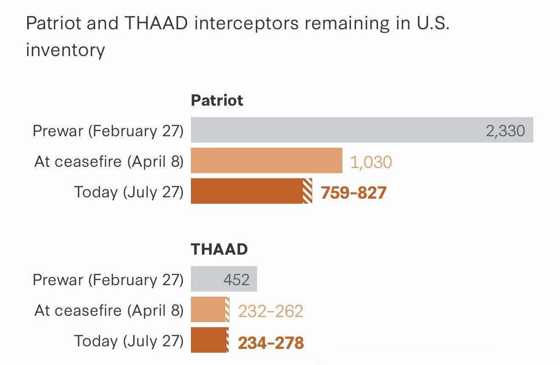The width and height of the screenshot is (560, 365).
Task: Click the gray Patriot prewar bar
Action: tap(362, 130)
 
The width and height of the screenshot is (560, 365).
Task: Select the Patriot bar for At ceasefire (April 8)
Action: tap(266, 160)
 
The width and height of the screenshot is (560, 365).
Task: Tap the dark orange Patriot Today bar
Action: tap(252, 191)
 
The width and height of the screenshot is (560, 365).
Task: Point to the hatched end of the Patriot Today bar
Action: tap(308, 191)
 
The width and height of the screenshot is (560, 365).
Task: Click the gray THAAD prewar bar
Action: tap(224, 279)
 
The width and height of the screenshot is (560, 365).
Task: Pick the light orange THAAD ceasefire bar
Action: tap(210, 309)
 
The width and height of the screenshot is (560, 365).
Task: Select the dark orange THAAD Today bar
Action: tap(210, 340)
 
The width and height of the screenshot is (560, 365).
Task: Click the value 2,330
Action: tap(505, 131)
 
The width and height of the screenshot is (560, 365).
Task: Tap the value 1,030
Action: tap(371, 162)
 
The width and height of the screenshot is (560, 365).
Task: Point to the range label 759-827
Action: tap(354, 193)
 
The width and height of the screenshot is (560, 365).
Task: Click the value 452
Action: tap(236, 280)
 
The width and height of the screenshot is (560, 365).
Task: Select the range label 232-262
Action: tap(271, 311)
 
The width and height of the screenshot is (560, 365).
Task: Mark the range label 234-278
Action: tap(271, 343)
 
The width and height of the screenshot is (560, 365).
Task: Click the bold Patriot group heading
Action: tap(217, 100)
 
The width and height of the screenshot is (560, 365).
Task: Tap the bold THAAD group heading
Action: tap(219, 249)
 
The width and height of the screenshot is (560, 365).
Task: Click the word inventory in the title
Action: tap(65, 50)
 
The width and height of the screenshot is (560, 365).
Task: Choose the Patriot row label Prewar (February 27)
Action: tap(108, 131)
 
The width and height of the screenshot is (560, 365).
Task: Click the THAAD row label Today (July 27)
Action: tap(129, 341)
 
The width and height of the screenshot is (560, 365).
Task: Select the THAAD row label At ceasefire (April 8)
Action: tap(109, 311)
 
